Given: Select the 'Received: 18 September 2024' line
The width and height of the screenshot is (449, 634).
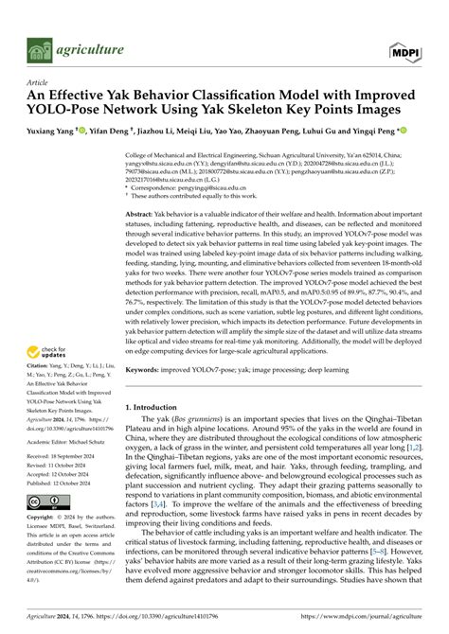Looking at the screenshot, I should pos(61,453).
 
